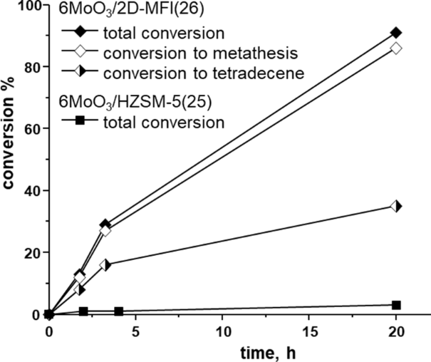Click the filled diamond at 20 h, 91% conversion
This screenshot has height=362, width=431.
[396, 33]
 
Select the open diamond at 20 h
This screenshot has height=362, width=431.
[396, 48]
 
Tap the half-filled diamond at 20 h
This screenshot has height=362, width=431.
[396, 206]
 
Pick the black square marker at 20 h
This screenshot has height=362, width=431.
[396, 305]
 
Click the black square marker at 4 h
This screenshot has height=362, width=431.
[118, 311]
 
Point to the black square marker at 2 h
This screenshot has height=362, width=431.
[83, 311]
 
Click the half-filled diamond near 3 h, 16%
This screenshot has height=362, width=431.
[105, 264]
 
